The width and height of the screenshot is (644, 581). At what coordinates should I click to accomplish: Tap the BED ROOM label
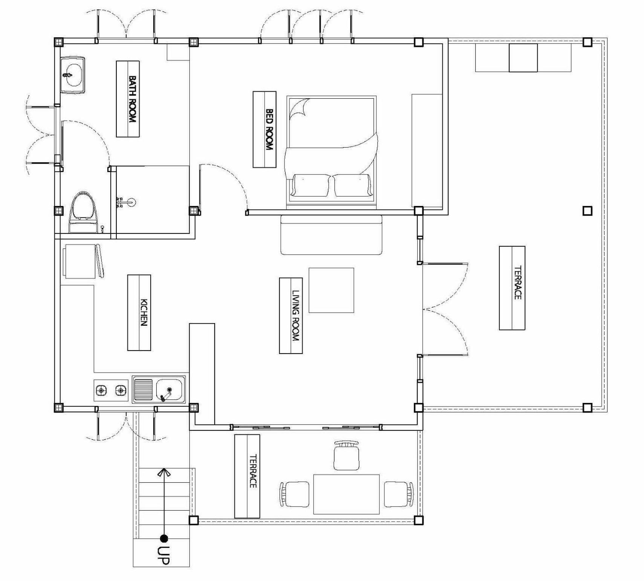[x=269, y=130]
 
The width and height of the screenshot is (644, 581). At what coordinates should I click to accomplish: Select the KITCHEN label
[x=144, y=313]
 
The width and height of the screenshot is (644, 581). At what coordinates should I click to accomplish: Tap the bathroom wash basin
[x=73, y=75]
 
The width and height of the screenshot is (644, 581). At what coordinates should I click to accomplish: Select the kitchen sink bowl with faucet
[x=169, y=390]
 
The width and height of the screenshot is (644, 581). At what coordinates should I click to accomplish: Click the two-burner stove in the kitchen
[x=111, y=390]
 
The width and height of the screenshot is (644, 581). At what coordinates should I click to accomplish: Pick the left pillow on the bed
[x=310, y=185]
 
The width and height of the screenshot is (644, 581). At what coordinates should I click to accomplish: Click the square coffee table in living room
[x=331, y=290]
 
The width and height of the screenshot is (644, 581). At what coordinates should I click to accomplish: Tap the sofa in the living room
[x=332, y=235]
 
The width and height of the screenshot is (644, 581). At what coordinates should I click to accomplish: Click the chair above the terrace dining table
[x=346, y=456]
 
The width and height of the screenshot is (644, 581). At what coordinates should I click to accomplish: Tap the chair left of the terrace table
[x=294, y=494]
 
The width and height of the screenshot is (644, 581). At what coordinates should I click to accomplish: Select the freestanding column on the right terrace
[x=587, y=211]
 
